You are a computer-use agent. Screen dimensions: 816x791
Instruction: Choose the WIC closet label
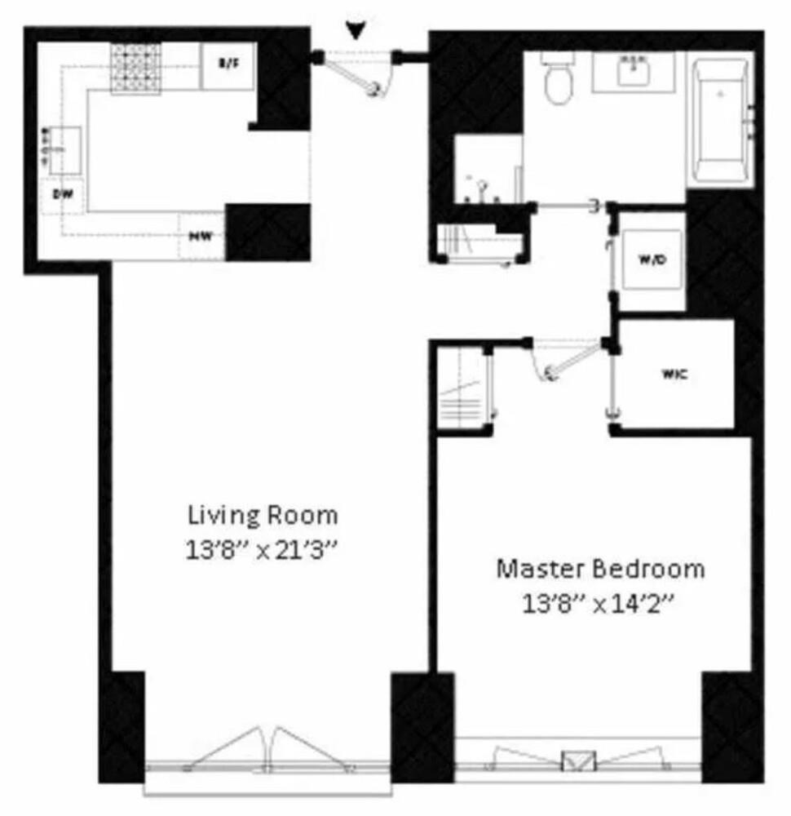click(x=674, y=375)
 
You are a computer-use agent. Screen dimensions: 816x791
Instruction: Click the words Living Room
click(x=263, y=516)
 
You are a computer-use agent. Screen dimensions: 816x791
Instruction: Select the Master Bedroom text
click(x=600, y=568)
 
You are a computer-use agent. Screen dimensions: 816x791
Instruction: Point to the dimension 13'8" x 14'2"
click(x=600, y=604)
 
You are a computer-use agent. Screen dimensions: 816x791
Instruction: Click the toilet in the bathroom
click(x=559, y=82)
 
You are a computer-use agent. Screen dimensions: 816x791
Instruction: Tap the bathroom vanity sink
click(x=633, y=72)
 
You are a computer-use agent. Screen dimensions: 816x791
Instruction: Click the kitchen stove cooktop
click(x=135, y=67)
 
